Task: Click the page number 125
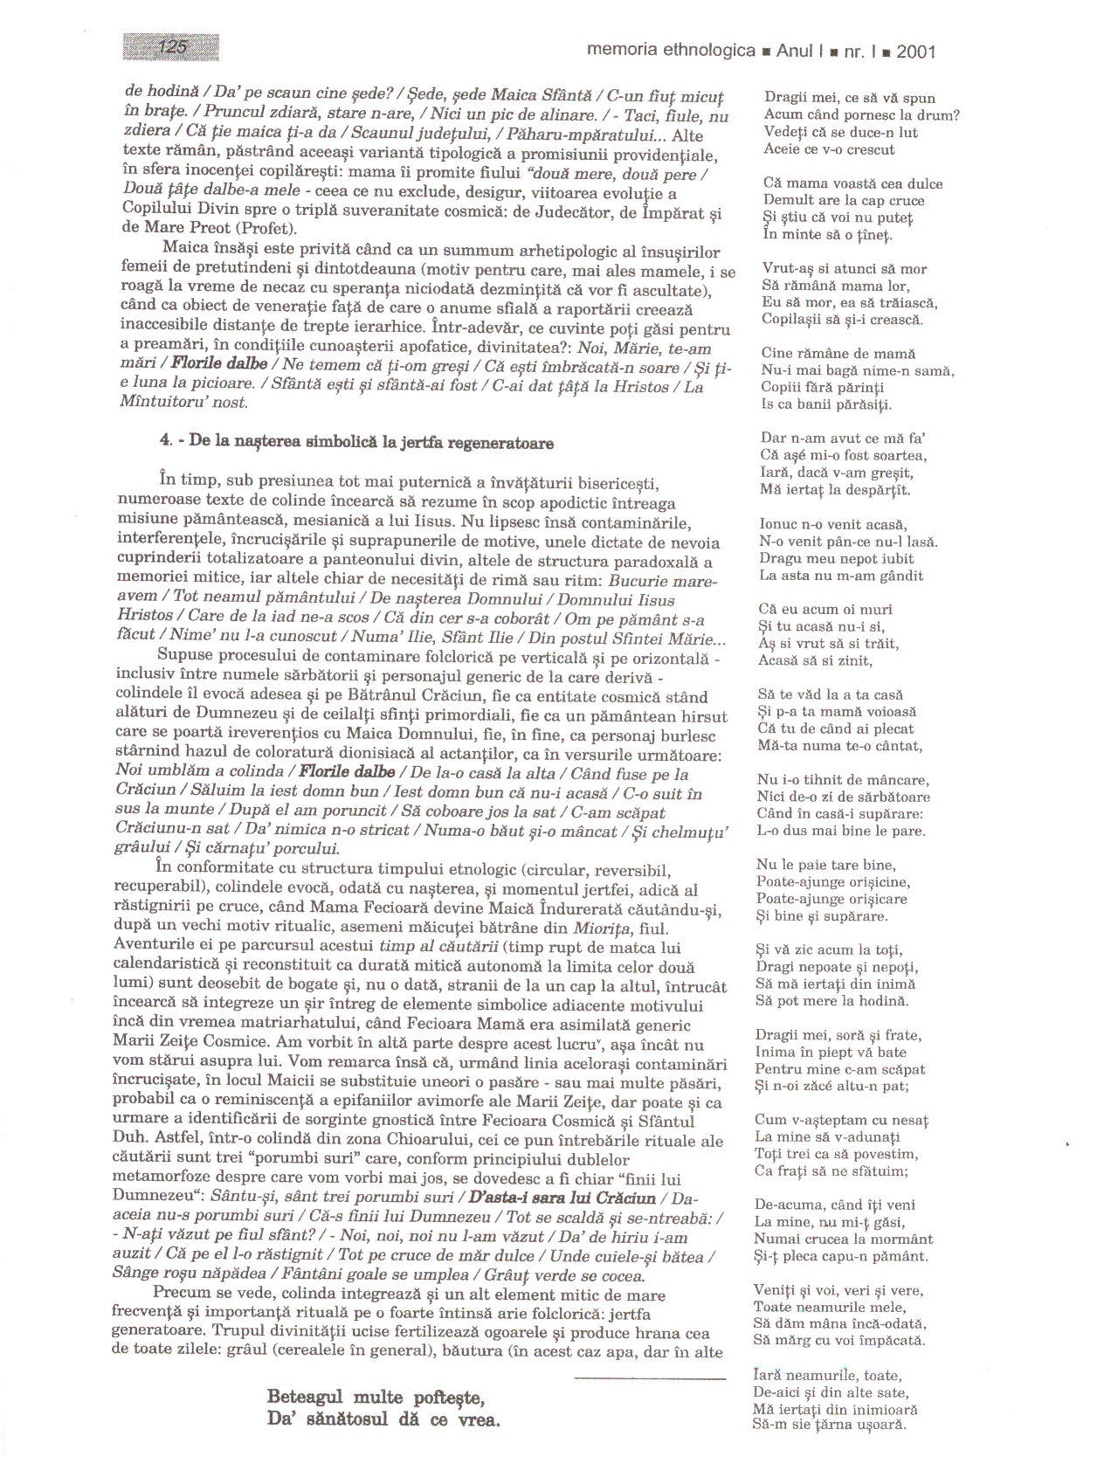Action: pyautogui.click(x=172, y=46)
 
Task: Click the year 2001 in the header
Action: pyautogui.click(x=915, y=52)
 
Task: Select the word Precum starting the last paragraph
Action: pyautogui.click(x=179, y=1294)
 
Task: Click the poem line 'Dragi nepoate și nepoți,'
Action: pyautogui.click(x=837, y=967)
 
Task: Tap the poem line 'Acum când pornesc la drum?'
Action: pyautogui.click(x=861, y=115)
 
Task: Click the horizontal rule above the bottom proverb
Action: pyautogui.click(x=650, y=1378)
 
